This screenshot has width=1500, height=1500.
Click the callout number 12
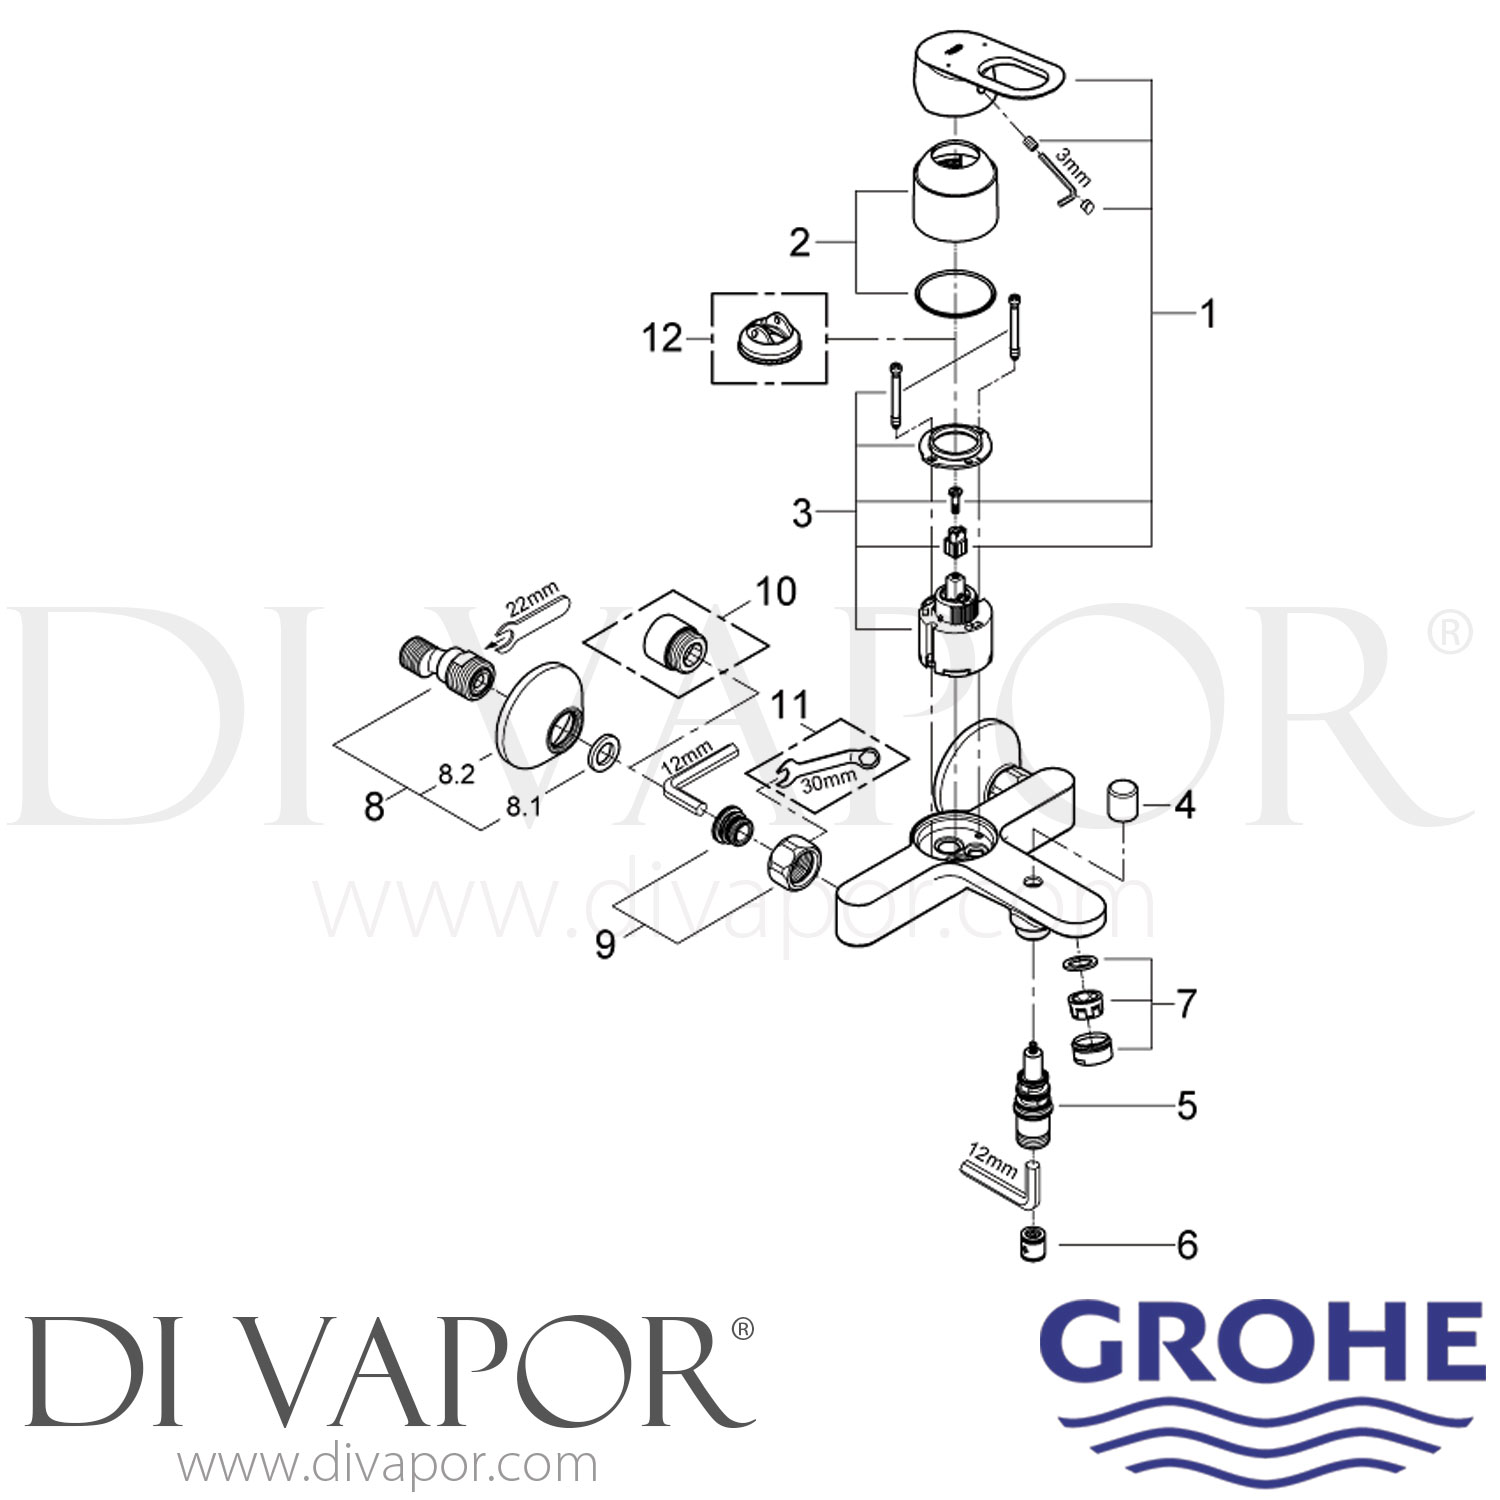tap(662, 338)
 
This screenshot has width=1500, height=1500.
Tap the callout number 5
tap(1187, 1106)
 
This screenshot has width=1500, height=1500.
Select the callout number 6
tap(1187, 1245)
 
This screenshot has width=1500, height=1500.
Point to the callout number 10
tap(776, 591)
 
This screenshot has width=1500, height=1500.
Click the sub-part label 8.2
tap(456, 774)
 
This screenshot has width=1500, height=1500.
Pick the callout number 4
tap(1185, 804)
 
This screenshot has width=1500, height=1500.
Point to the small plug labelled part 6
tap(1033, 1245)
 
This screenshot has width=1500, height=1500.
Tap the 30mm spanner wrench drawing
tap(829, 766)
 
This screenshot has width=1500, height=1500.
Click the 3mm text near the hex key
tap(1073, 167)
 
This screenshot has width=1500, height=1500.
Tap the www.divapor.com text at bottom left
tap(388, 1465)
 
